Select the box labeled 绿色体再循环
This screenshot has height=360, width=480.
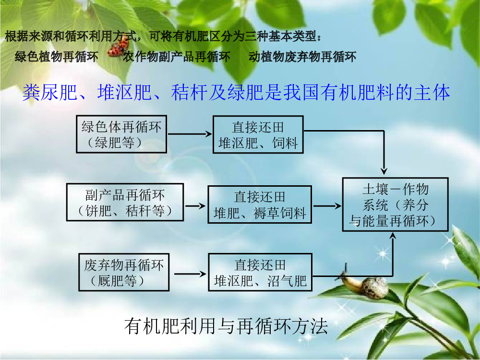coord(121,134)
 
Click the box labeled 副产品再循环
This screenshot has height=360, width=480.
coord(125,202)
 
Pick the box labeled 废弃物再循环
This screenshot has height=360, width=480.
coord(124,272)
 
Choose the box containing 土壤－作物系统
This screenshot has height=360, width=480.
coord(395,204)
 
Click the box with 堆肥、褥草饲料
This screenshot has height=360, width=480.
coord(260,204)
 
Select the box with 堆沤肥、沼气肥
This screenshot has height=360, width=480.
coord(260,272)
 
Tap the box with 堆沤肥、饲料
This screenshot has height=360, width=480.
coord(258,134)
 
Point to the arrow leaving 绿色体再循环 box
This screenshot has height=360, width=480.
coord(190,134)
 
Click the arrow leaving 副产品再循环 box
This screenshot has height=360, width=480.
coord(195,206)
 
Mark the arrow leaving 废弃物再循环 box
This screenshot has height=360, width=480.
coord(190,274)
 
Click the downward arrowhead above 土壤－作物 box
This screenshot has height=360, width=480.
coord(384,171)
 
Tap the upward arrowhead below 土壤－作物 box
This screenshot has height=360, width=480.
coord(393,236)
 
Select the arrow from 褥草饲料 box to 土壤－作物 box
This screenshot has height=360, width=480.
coord(327,206)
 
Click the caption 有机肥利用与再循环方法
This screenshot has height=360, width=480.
coord(226,326)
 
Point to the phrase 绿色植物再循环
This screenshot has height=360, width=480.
coord(57,57)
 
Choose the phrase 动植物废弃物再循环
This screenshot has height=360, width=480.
coord(302,57)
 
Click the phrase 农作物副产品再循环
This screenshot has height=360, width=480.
coord(177,57)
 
